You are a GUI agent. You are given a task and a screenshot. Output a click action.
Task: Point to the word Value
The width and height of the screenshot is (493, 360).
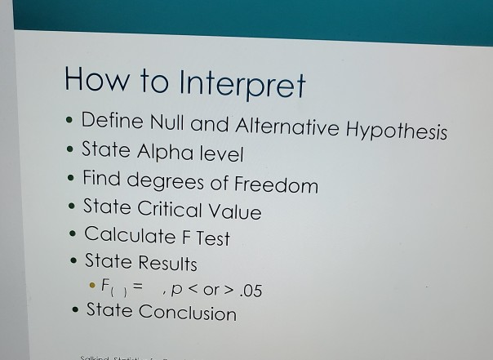click(236, 212)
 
